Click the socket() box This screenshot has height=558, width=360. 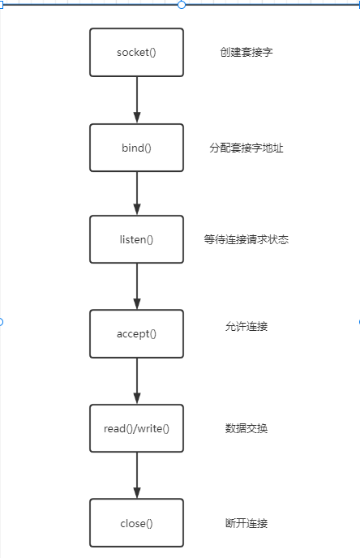tap(136, 52)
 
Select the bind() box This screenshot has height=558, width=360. tap(136, 148)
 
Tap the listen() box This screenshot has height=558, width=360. tap(136, 239)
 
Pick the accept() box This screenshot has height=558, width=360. tap(136, 334)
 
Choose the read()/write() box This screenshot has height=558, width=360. tap(136, 428)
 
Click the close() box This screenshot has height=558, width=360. tap(136, 523)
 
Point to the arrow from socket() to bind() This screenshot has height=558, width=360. tap(137, 100)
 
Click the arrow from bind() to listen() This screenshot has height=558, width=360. tap(137, 193)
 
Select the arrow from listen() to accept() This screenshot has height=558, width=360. tap(137, 286)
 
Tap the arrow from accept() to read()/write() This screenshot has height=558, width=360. tap(137, 381)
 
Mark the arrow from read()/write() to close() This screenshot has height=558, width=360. tap(137, 475)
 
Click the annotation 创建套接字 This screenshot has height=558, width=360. tap(246, 52)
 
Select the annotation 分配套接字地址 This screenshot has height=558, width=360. tap(246, 148)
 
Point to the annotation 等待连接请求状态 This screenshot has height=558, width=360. tap(246, 239)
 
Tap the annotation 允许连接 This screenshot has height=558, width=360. tap(246, 326)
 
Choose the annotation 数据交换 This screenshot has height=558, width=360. tap(246, 428)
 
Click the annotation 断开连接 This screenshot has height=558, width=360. tap(246, 523)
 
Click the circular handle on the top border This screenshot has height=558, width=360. tap(182, 5)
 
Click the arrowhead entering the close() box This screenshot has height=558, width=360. tap(137, 493)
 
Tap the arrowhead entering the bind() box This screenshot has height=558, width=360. tap(137, 118)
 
